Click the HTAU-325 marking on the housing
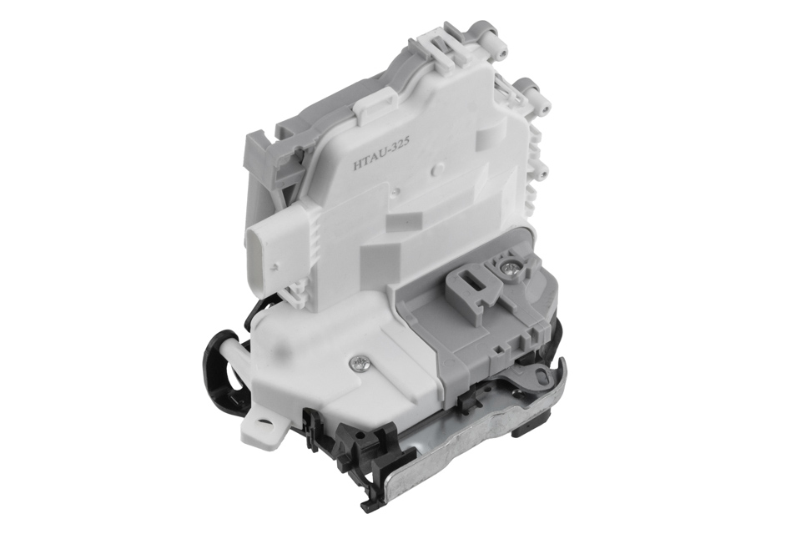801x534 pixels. [380, 159]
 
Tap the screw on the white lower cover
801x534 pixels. [358, 364]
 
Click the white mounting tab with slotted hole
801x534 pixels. [266, 421]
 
